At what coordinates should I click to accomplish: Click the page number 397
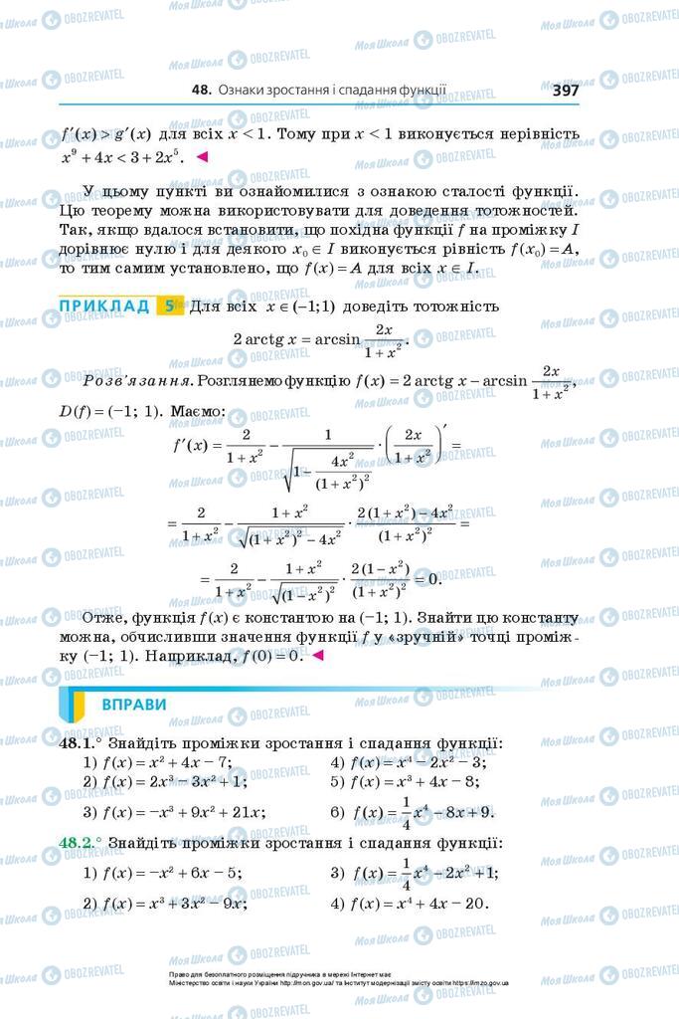pos(565,90)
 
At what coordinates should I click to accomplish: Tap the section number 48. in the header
pos(201,90)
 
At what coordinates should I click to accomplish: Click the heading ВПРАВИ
pos(133,705)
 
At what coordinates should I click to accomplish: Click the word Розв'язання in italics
pos(137,380)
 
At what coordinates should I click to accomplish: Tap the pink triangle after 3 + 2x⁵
pos(202,156)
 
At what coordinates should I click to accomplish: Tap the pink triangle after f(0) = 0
pos(318,656)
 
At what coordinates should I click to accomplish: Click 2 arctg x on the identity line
pos(267,338)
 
